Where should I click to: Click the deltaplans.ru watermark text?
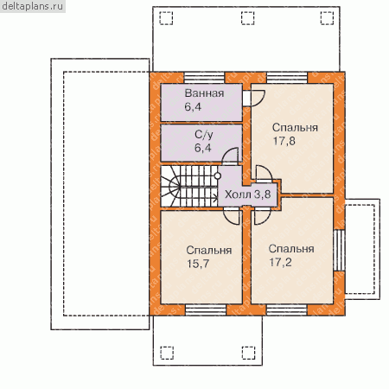(x=32, y=6)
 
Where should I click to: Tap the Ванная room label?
(x=204, y=93)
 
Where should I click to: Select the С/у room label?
(x=204, y=135)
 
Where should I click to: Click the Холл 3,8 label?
(x=247, y=194)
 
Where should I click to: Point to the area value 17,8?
(x=284, y=141)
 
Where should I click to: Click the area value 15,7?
(x=198, y=264)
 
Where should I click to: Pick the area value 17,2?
(x=280, y=262)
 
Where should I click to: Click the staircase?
(x=189, y=186)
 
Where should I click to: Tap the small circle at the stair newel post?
(x=218, y=175)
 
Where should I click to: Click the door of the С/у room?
(x=230, y=156)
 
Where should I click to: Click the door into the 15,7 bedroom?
(x=232, y=216)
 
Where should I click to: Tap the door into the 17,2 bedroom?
(x=262, y=216)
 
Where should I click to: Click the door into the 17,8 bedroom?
(x=264, y=174)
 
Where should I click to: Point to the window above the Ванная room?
(x=204, y=78)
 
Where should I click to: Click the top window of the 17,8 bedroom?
(x=287, y=78)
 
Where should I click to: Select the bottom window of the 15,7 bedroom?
(x=206, y=310)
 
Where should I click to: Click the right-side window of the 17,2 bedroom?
(x=340, y=250)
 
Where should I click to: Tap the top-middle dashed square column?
(x=248, y=18)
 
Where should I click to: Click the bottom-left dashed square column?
(x=167, y=353)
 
